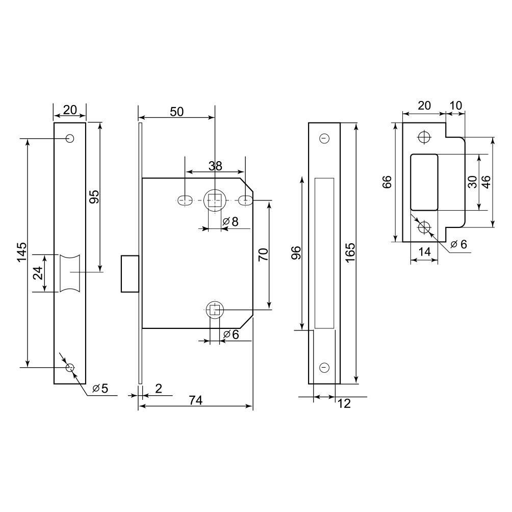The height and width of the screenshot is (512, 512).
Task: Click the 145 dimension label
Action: [22, 252]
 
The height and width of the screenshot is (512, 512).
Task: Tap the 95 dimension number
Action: [94, 196]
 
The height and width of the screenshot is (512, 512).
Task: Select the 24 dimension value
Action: [38, 273]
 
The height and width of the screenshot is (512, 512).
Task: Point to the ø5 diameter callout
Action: [100, 388]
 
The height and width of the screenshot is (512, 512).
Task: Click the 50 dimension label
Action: [177, 112]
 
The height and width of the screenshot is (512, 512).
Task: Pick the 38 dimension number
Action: [216, 166]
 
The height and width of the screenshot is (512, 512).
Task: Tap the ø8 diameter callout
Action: [231, 221]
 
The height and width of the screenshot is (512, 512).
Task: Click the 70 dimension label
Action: [263, 254]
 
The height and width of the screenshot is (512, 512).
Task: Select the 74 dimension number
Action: [196, 400]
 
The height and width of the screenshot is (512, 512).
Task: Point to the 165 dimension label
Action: [350, 252]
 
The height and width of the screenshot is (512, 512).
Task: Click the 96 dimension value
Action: [296, 253]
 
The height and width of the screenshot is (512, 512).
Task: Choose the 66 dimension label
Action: [387, 182]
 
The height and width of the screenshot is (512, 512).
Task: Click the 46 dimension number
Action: [486, 182]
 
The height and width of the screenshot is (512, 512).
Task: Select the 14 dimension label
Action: [424, 252]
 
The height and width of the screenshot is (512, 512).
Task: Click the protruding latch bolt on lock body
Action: [130, 274]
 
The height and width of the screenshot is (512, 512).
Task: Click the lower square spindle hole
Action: [214, 309]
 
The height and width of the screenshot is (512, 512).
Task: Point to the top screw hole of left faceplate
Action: [70, 138]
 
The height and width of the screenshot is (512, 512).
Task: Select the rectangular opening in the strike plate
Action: [424, 182]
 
